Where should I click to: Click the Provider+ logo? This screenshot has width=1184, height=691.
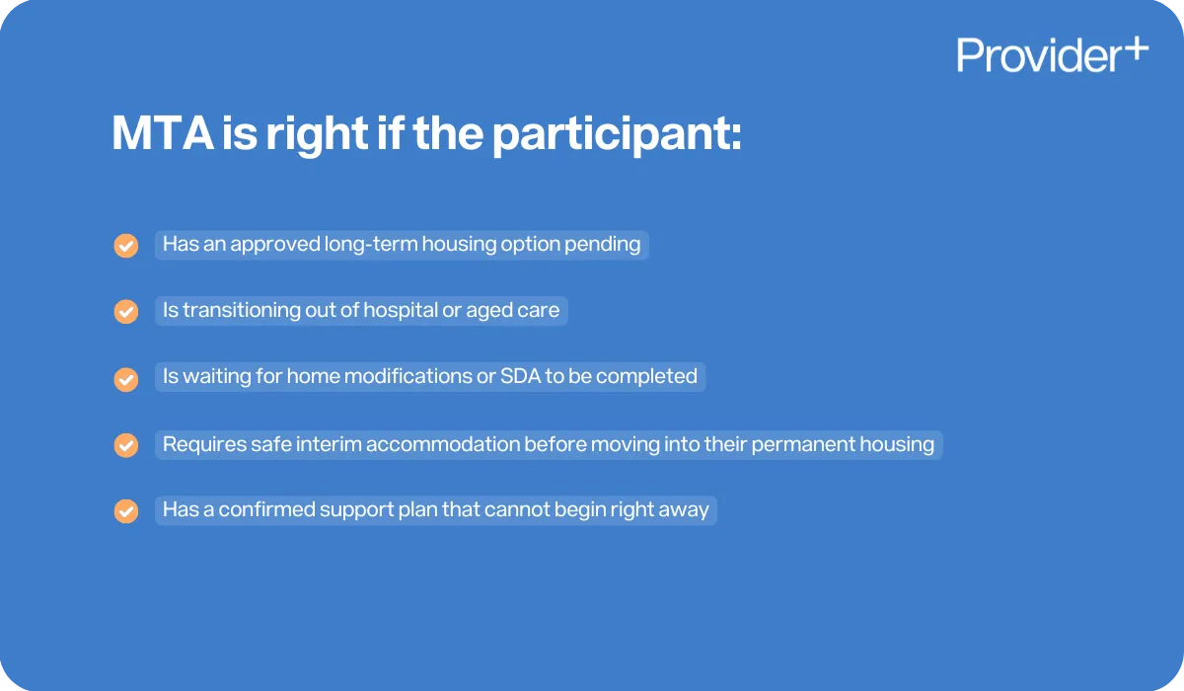point(1052,55)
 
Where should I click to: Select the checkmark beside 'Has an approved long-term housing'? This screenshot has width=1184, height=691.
point(126,246)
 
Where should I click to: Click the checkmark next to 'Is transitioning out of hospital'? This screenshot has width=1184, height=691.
point(126,312)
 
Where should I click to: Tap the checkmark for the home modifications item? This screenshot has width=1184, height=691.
point(126,379)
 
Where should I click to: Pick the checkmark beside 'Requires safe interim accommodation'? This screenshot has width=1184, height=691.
point(126,445)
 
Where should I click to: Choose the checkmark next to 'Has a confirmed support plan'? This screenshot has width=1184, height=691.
point(126,512)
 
